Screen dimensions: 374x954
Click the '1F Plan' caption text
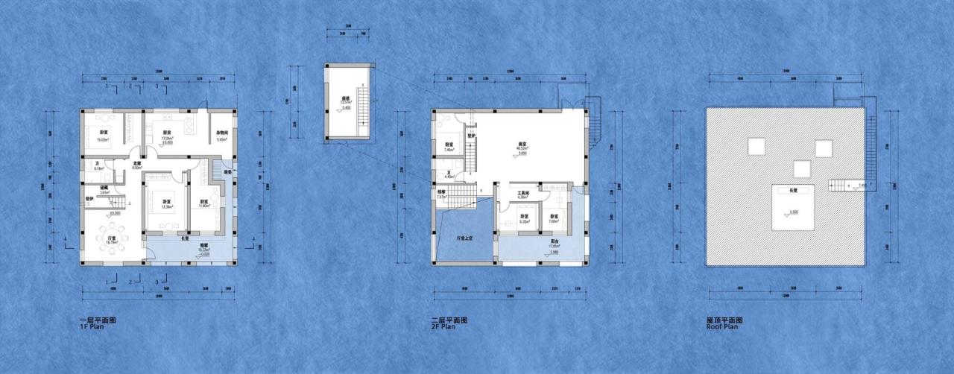pyautogui.click(x=92, y=326)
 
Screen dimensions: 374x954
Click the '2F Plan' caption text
pyautogui.click(x=444, y=326)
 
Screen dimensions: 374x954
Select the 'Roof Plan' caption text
pyautogui.click(x=722, y=326)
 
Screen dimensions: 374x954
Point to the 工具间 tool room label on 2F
pyautogui.click(x=523, y=194)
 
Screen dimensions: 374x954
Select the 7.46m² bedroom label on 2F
pyautogui.click(x=449, y=147)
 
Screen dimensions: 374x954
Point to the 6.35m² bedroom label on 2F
pyautogui.click(x=524, y=218)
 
